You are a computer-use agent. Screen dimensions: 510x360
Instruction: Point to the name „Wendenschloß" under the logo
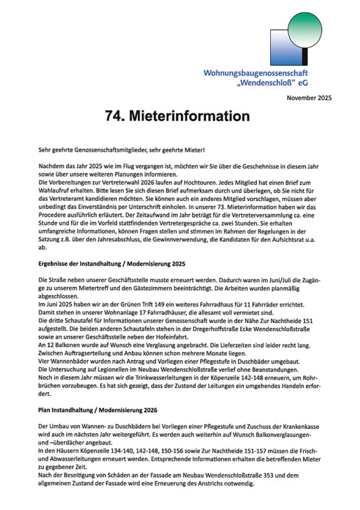pyautogui.click(x=287, y=84)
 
